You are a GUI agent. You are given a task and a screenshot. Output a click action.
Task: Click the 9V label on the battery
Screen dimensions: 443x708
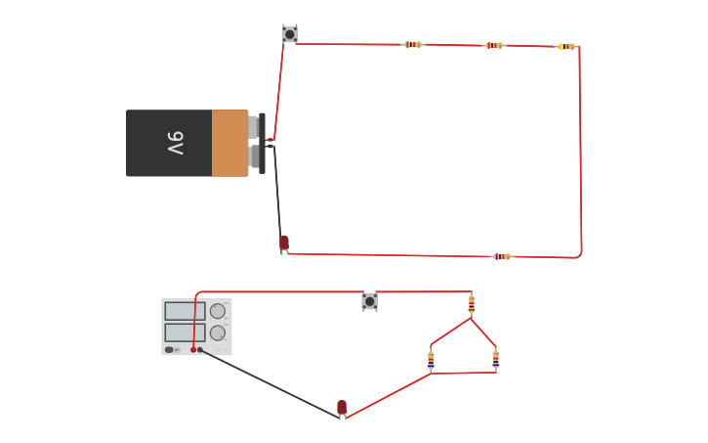[x=175, y=143]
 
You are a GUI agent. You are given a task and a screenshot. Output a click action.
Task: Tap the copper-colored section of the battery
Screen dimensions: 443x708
[x=229, y=143]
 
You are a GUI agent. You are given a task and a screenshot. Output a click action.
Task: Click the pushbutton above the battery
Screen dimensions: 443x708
[x=289, y=34]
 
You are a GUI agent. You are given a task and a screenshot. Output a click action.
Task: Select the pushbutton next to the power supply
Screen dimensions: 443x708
[x=369, y=301]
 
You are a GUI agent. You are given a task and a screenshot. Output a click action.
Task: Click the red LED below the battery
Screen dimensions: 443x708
[x=284, y=243]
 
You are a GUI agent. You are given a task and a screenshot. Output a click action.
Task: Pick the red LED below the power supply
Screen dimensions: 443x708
[x=342, y=408]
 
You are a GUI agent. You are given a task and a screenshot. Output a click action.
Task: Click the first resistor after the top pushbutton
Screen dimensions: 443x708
[x=413, y=44]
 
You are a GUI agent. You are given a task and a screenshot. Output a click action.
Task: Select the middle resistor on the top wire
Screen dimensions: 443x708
[x=495, y=45]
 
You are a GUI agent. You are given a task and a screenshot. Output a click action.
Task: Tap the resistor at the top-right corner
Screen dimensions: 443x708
[x=566, y=46]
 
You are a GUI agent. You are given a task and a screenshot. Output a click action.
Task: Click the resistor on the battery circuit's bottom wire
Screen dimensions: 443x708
[x=502, y=256]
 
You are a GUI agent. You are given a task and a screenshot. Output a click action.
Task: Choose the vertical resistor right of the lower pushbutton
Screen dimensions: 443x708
[x=472, y=304]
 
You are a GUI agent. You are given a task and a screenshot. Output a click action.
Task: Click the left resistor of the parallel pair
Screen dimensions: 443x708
[x=431, y=360]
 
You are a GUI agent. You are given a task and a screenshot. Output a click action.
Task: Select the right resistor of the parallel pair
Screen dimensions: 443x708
[x=495, y=359]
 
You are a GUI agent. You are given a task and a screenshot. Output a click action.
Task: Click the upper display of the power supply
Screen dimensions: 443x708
[x=185, y=311]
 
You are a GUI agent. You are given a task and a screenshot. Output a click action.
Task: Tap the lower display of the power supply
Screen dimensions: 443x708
[x=185, y=332]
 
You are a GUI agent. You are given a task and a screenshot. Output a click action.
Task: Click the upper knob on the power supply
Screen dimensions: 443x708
[x=218, y=311]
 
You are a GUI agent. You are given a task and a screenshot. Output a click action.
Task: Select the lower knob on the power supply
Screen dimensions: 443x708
[x=218, y=332]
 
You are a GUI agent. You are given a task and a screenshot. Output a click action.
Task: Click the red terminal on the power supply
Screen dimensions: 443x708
[x=193, y=349]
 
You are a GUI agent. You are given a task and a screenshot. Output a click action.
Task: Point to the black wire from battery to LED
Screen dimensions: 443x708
[x=277, y=191]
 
